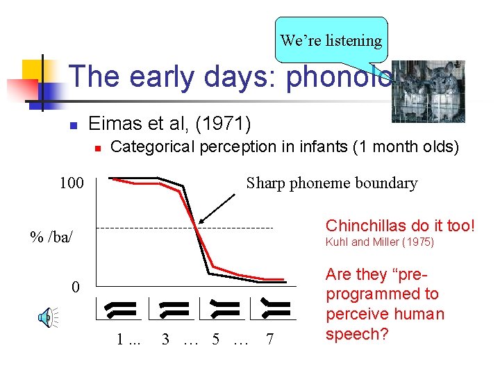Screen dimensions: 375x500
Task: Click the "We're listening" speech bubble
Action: [331, 40]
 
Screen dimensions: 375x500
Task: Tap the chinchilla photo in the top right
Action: [428, 91]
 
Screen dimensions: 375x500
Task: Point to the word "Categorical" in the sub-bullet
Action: [151, 147]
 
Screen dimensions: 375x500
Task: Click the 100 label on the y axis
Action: [71, 184]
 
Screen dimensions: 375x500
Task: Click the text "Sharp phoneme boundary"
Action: [332, 183]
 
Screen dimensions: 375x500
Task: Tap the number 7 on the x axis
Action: [270, 340]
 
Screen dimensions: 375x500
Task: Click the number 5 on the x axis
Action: [216, 340]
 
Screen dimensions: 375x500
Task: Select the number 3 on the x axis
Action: [165, 340]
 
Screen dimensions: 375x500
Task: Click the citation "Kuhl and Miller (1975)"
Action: [379, 242]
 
